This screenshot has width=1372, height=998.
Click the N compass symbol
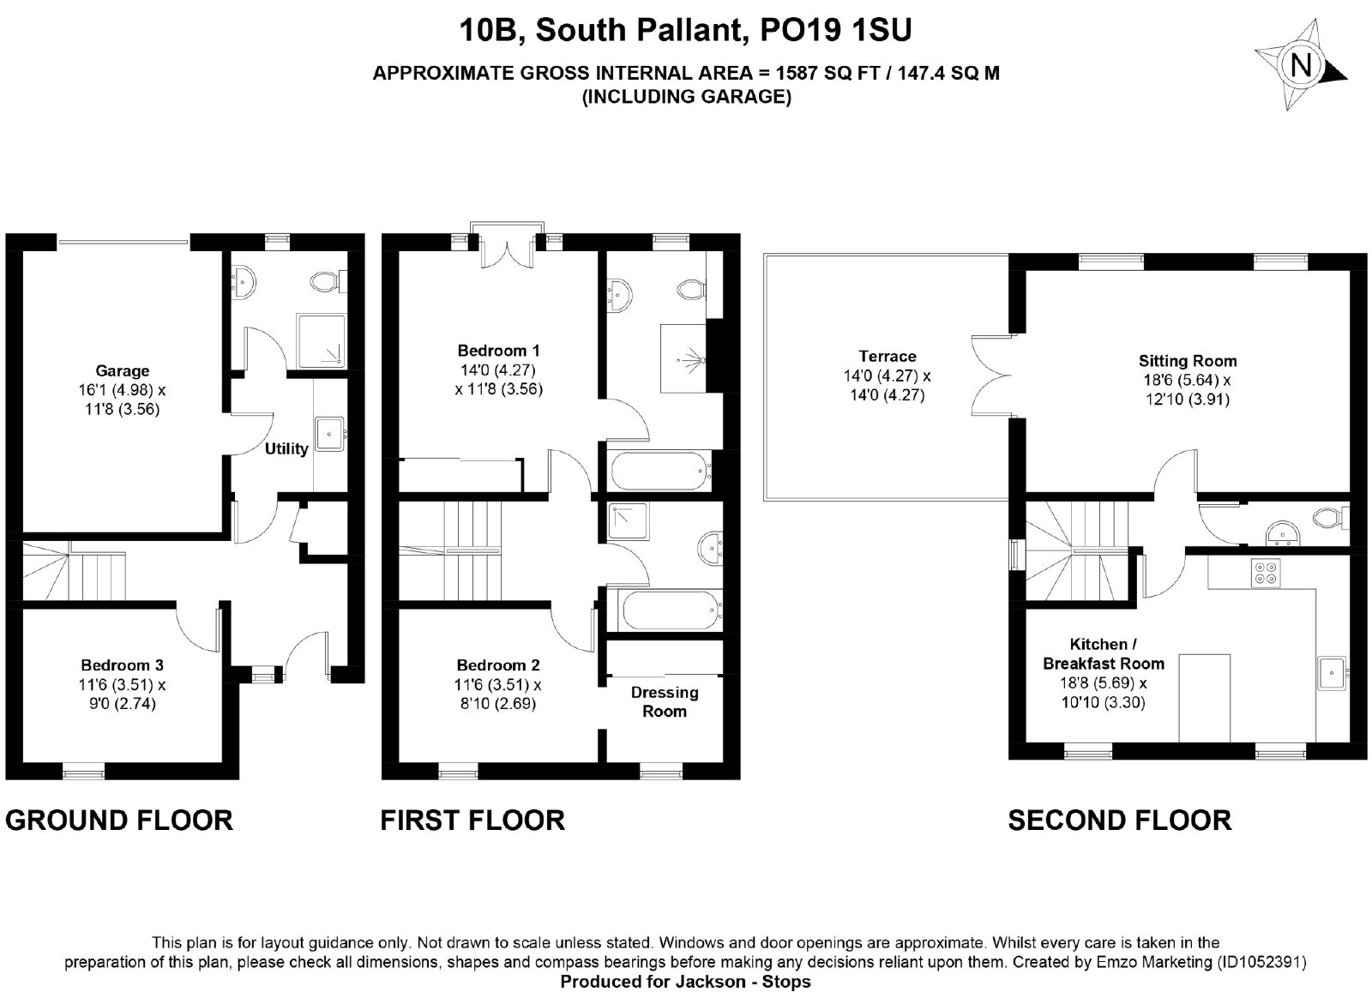[x=1301, y=65]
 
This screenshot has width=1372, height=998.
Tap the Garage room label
[x=122, y=370]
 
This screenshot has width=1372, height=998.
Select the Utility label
[x=286, y=448]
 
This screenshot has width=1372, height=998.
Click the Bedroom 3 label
[x=122, y=665]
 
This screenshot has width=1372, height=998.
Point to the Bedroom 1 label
[x=498, y=351]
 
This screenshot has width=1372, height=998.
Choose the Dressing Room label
[x=665, y=701]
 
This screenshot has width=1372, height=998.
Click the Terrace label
[x=888, y=357]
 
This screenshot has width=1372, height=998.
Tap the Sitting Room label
[x=1188, y=361]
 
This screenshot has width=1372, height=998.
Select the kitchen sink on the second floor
[x=1333, y=673]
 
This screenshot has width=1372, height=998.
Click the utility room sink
[x=330, y=434]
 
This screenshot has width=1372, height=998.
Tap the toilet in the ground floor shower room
[x=327, y=281]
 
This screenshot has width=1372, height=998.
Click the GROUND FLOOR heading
[x=119, y=820]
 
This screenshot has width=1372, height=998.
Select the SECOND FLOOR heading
[x=1120, y=820]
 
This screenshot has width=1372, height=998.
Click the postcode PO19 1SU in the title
[x=835, y=30]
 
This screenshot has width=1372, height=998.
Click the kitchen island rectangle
[x=1204, y=697]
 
